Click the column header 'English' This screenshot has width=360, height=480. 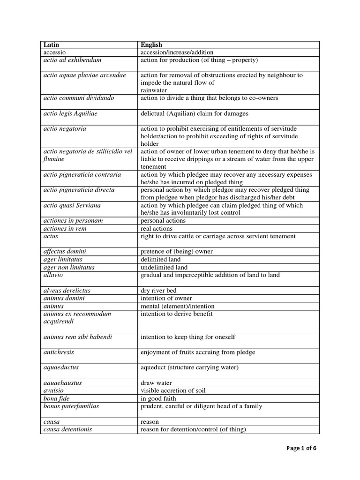coord(151,45)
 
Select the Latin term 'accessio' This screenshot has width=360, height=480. coord(54,52)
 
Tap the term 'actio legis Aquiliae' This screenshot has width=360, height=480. coord(70,113)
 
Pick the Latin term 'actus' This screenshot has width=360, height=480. coord(51,236)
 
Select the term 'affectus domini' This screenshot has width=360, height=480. coord(65,251)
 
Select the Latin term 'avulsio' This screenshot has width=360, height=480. coord(54,390)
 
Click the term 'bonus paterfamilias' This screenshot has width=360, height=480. coord(71,406)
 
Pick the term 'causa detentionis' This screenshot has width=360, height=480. coord(67,429)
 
